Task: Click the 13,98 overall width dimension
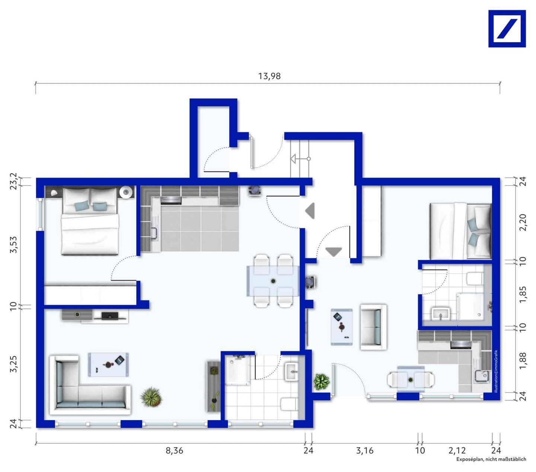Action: [x=269, y=76]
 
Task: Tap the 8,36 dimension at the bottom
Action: [x=174, y=451]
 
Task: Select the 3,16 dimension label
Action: [x=364, y=451]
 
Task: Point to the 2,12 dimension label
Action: [x=457, y=451]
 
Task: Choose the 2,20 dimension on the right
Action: [x=523, y=222]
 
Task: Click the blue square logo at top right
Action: [x=507, y=29]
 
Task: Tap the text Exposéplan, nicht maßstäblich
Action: [x=491, y=459]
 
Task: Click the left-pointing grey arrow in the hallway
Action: [x=310, y=211]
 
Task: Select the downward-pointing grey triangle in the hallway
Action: [x=334, y=252]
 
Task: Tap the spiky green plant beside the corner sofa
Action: [x=151, y=397]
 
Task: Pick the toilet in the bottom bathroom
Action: [x=289, y=404]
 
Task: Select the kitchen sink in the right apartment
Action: [x=483, y=376]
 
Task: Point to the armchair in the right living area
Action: [x=373, y=327]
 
